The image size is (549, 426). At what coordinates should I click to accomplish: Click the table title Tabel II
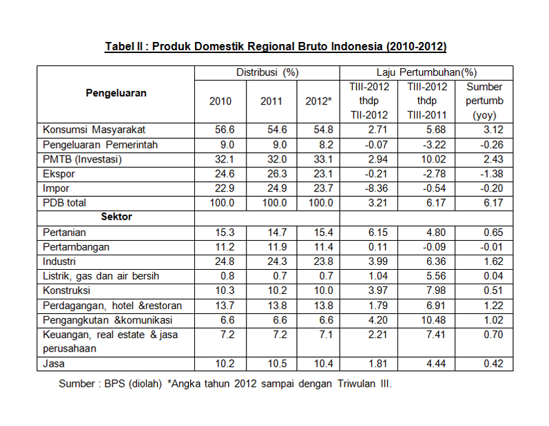tap(276, 47)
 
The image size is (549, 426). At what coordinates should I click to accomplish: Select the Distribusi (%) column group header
tap(267, 72)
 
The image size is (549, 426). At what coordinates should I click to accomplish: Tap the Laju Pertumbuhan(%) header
tap(426, 72)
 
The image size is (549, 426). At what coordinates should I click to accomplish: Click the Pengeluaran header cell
tap(116, 93)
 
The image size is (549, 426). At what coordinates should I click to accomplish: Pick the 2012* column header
tap(318, 101)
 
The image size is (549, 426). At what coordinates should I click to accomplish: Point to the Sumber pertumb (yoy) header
tap(484, 101)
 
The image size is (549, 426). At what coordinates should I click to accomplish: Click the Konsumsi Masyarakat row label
tap(94, 129)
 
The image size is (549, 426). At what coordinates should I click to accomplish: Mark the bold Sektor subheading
tap(116, 217)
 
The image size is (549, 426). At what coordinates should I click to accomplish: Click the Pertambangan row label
tap(76, 247)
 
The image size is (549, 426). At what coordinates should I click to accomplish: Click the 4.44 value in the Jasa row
tap(436, 363)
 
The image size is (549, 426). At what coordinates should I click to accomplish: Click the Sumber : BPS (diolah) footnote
tap(110, 384)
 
